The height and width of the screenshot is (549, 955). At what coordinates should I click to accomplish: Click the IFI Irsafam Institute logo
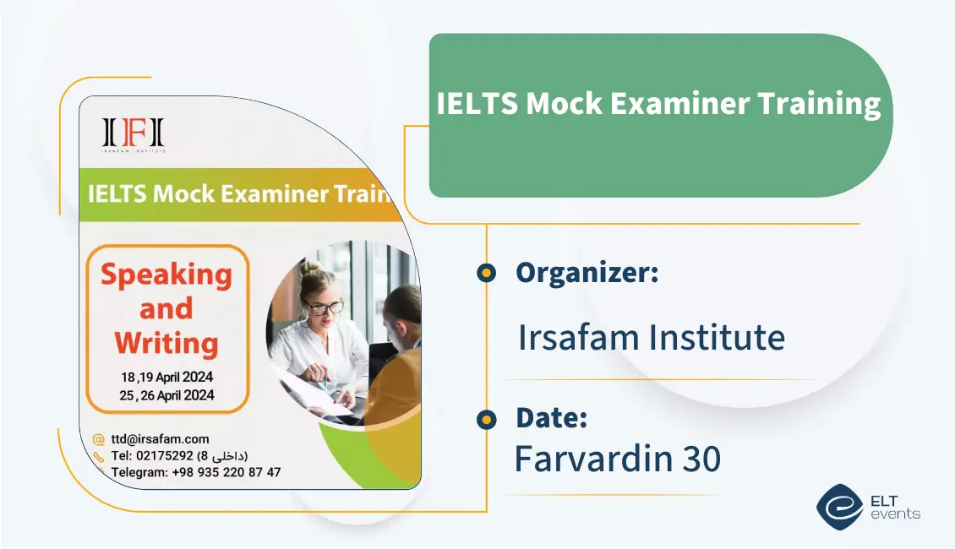pos(134,134)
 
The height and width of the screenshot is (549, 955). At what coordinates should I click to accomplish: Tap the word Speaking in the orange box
pos(166,274)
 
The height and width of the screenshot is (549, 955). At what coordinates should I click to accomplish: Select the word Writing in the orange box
pos(166,343)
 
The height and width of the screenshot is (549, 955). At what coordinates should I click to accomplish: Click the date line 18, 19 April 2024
pos(166,377)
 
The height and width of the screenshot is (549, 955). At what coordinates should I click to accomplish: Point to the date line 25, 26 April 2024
pos(166,394)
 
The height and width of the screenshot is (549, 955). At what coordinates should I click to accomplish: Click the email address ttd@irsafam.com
pos(160,439)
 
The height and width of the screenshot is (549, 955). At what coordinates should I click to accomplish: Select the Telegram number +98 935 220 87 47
pos(226,472)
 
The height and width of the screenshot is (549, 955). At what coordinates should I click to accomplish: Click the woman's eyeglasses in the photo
pos(324,307)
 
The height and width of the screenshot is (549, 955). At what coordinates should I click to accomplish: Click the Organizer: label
pos(587,273)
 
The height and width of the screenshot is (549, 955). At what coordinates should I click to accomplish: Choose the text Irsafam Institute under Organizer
pos(651,338)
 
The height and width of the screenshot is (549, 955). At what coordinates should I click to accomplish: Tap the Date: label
pos(551,418)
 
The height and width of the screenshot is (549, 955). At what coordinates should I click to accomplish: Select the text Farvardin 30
pos(617,459)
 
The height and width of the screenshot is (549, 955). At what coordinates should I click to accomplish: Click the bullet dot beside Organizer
pos(486,273)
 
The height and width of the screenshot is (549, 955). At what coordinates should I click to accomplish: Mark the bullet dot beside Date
pos(486,418)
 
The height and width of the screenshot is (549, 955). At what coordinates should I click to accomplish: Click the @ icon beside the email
pos(99,439)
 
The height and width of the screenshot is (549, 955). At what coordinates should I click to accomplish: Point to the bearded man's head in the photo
pos(404,308)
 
